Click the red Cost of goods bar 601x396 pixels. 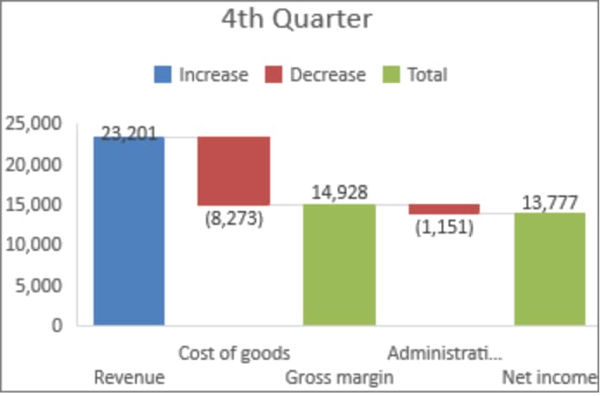pyautogui.click(x=234, y=170)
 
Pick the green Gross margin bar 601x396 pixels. pyautogui.click(x=339, y=265)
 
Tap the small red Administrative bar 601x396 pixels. pyautogui.click(x=444, y=208)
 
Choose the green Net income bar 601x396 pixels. pyautogui.click(x=549, y=269)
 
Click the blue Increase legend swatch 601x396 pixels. pyautogui.click(x=163, y=74)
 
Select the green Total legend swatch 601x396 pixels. pyautogui.click(x=390, y=74)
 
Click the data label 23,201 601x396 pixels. pyautogui.click(x=129, y=133)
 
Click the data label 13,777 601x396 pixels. pyautogui.click(x=550, y=201)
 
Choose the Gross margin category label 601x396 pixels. pyautogui.click(x=339, y=378)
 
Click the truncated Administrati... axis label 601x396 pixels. pyautogui.click(x=443, y=353)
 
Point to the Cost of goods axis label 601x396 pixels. pyautogui.click(x=234, y=353)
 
